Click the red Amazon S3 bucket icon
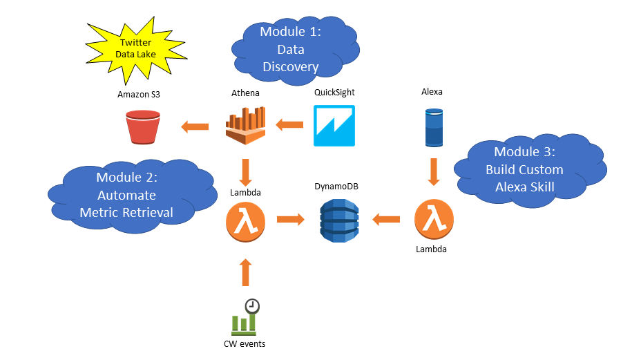(143, 126)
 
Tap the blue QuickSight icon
(334, 126)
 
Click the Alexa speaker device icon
(433, 126)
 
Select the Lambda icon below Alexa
(433, 220)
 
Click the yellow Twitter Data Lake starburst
(136, 49)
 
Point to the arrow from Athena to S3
(195, 126)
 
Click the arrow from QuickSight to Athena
(289, 125)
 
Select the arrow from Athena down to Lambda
(245, 170)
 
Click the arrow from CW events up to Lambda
(245, 272)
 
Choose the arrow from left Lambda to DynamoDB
(290, 220)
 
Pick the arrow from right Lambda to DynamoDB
(386, 220)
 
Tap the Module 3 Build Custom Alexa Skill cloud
(528, 169)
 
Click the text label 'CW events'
(245, 344)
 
